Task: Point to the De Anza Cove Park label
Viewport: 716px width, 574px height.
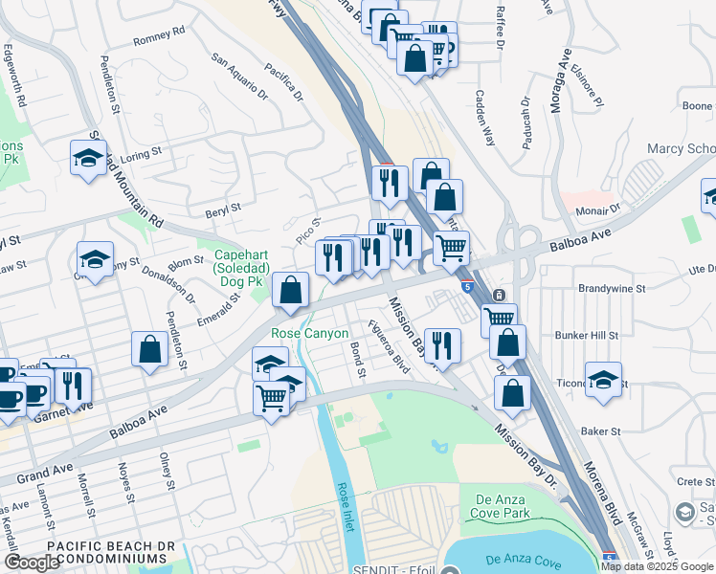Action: click(508, 507)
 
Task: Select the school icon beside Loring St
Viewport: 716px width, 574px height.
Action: click(89, 159)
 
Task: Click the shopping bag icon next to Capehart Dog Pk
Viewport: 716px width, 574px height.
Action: click(291, 290)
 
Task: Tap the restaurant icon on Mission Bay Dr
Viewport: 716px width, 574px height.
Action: click(440, 345)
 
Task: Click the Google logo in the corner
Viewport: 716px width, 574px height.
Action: click(32, 563)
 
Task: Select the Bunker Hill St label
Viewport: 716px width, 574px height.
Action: click(587, 336)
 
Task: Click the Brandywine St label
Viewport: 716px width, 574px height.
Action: click(613, 287)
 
